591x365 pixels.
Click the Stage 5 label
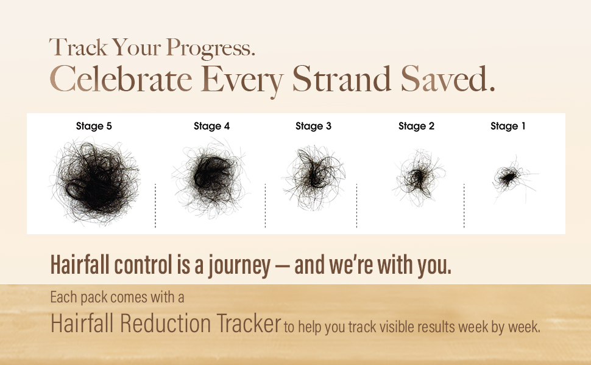tap(94, 126)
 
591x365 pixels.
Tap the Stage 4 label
tap(211, 126)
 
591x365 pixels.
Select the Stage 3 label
tap(313, 126)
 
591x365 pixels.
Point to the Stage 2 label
tap(416, 126)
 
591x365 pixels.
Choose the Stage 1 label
tap(508, 126)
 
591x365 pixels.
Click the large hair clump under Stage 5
tap(95, 181)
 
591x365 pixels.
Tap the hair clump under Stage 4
tap(210, 177)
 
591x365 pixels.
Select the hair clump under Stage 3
tap(314, 177)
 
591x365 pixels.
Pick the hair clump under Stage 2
tap(417, 178)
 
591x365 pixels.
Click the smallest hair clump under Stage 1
tap(509, 177)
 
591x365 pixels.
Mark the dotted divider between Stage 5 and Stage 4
tap(155, 206)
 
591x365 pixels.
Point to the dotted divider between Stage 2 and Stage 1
tap(464, 206)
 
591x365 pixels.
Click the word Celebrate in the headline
tap(121, 78)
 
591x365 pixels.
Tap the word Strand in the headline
tap(341, 78)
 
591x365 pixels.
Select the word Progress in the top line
tap(210, 48)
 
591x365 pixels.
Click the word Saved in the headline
tap(447, 78)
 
